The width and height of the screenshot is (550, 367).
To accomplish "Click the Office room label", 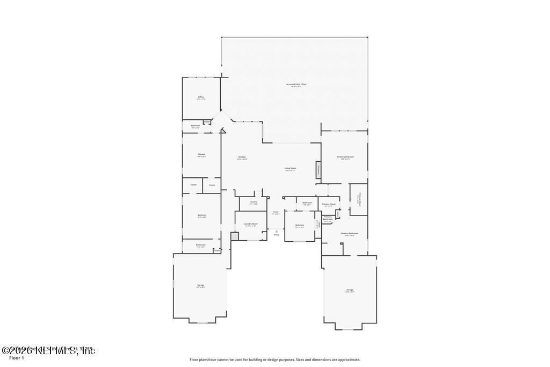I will pos(201,97).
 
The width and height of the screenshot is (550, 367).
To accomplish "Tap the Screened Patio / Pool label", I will pos(296,84).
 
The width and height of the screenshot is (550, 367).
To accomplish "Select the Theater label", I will pos(201,155).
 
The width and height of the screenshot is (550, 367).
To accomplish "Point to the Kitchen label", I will pos(242,157).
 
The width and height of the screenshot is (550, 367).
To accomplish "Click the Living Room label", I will pos(291,168).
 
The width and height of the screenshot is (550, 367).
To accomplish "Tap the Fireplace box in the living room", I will pos(318,170).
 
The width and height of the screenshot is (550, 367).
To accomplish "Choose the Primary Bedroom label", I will pos(345,157).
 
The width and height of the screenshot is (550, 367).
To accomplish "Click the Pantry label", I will pos(254,202).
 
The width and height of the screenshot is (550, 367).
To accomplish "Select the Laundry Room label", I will pos(251,224).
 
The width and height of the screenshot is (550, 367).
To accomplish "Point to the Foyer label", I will pos(276,212).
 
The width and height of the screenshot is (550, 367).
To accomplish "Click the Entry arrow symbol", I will pos(277,232).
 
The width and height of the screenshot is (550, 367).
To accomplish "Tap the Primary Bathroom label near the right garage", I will pos(350,234).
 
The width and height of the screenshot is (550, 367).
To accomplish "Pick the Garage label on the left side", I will pos(201,285).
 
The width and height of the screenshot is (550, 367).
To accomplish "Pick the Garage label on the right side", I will pos(350,290).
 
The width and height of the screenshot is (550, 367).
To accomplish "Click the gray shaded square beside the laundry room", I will pos(234,236).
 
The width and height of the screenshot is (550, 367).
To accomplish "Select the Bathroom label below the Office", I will pos(196,126).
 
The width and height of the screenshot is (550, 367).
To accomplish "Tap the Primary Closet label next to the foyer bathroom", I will pos(329,204).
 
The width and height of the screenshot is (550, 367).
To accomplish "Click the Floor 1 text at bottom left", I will pos(17,358).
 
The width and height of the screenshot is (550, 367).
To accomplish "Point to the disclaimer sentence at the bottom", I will pos(275,359).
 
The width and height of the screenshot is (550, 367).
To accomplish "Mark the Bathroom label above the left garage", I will pos(200,245).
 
